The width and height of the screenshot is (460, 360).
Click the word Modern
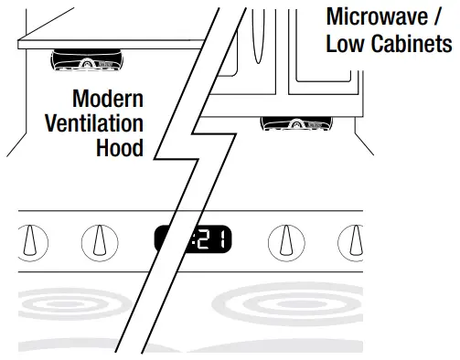pyautogui.click(x=109, y=99)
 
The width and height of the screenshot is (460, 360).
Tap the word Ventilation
pyautogui.click(x=94, y=122)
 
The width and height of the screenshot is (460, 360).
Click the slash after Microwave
pyautogui.click(x=445, y=17)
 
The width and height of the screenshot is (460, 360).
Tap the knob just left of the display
pyautogui.click(x=100, y=241)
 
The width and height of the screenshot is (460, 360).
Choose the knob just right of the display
pyautogui.click(x=286, y=241)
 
